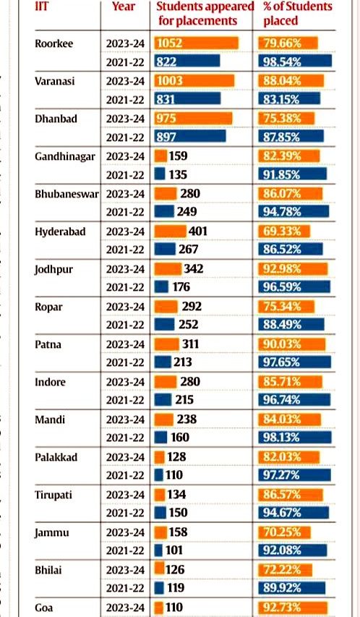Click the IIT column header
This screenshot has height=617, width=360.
(41, 6)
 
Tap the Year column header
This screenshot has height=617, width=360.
(123, 7)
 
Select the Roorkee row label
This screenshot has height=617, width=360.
(54, 43)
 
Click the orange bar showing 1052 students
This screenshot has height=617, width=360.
(197, 43)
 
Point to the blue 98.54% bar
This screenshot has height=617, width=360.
(295, 61)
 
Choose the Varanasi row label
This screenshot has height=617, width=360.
(55, 81)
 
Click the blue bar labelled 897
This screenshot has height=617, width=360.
(190, 136)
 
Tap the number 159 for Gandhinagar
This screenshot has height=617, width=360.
(178, 156)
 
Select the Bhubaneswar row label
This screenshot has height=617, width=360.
(67, 194)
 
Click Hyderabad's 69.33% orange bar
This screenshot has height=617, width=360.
(284, 231)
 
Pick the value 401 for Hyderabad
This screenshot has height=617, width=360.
(197, 231)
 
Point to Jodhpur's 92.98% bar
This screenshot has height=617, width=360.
(293, 269)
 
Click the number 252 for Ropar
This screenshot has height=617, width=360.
(188, 324)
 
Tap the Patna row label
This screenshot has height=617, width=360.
(48, 344)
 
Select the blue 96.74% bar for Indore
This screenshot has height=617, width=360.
(294, 400)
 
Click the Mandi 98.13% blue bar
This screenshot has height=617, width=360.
(295, 437)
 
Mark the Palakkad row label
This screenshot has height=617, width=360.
(56, 457)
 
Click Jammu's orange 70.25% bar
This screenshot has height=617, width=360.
(285, 532)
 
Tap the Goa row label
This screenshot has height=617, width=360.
(43, 608)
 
